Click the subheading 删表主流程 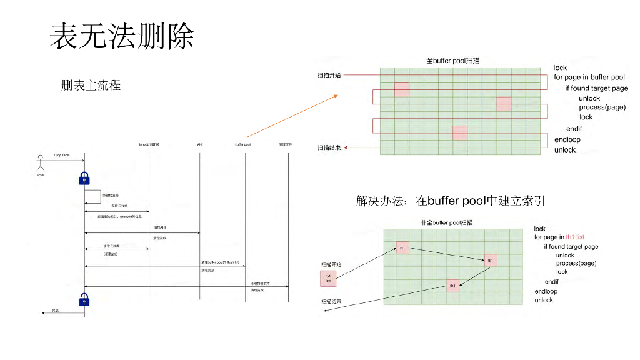[91, 85]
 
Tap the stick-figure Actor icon [41, 166]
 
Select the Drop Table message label [62, 155]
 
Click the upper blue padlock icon [84, 179]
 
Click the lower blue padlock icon [84, 300]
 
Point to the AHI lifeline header [200, 144]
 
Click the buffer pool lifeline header [243, 144]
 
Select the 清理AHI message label [159, 227]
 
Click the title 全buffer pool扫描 [452, 61]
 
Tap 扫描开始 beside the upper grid [329, 75]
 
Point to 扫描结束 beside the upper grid [329, 147]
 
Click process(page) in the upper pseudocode [602, 107]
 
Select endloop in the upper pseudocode [567, 139]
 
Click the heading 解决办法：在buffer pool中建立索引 [451, 201]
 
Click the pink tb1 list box [328, 278]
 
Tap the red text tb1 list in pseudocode [575, 237]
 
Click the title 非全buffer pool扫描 [447, 222]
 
